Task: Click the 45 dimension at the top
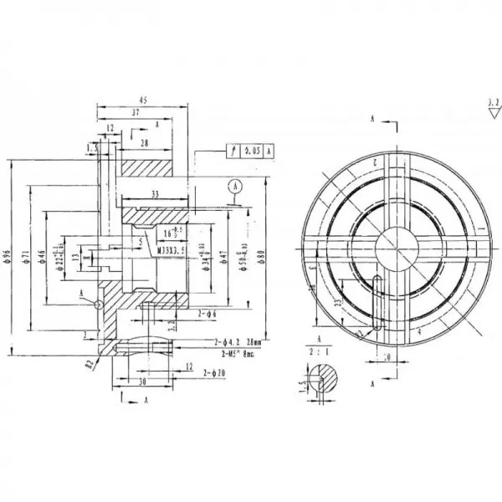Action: tap(143, 100)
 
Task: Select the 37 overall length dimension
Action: tap(136, 111)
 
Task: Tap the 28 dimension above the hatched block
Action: tap(146, 144)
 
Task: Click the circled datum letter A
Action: tap(237, 187)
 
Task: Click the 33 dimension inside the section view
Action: tap(156, 194)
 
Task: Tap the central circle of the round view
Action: tap(397, 248)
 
